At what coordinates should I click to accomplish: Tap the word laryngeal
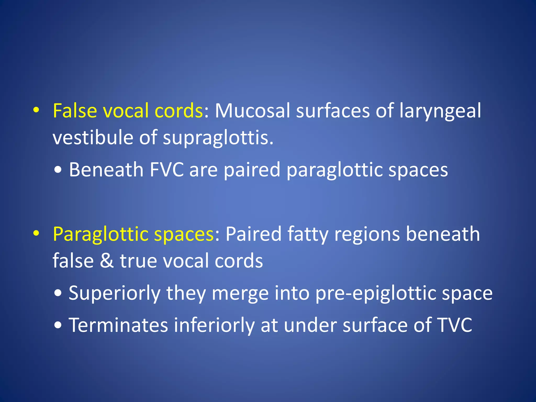(x=440, y=111)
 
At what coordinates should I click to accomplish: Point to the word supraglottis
(x=218, y=138)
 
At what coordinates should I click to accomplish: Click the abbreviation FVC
(x=166, y=170)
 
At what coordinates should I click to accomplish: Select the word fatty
(x=308, y=234)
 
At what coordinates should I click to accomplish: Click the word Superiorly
(x=114, y=293)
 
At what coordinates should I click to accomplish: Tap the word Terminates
(x=118, y=325)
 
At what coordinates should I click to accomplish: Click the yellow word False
(x=75, y=111)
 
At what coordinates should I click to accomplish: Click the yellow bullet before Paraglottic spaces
(x=36, y=233)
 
